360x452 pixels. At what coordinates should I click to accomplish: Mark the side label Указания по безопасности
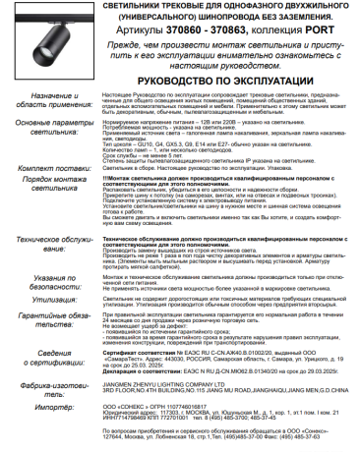click(x=42, y=284)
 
